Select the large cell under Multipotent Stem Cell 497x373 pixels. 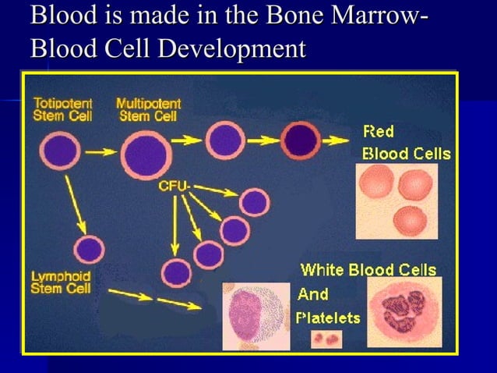pos(146,154)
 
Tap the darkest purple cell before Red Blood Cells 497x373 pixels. pos(301,140)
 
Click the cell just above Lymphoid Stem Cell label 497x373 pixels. pos(89,250)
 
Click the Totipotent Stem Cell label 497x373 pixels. pos(62,109)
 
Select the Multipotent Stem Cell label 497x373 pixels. pos(148,109)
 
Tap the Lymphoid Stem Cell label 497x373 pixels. pos(61,282)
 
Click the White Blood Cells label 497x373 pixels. pos(368,270)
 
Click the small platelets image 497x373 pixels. pos(327,339)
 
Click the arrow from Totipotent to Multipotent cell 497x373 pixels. pos(100,153)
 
